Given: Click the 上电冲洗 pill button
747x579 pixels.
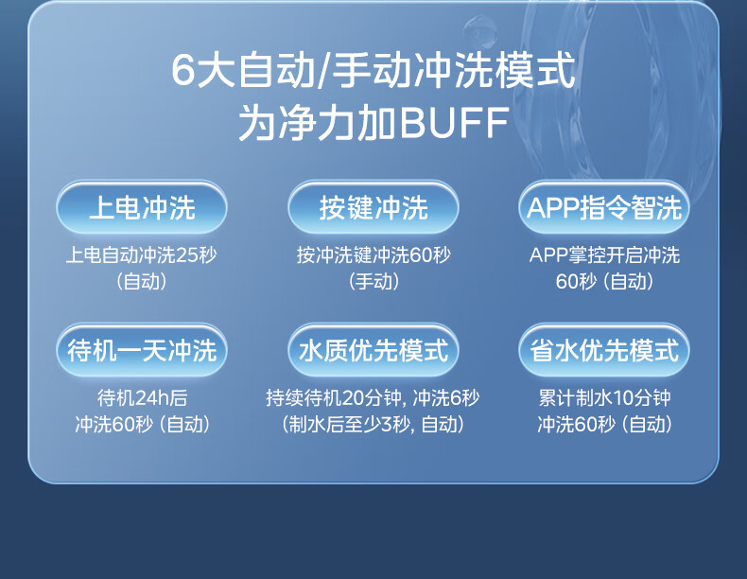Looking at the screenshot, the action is [x=142, y=207].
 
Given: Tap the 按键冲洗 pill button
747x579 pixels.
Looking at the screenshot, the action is [x=373, y=207].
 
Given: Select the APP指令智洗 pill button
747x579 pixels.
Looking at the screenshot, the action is [x=604, y=207].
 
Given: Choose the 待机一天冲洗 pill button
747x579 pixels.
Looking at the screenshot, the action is [x=142, y=350].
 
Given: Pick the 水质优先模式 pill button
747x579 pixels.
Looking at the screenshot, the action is [x=373, y=350].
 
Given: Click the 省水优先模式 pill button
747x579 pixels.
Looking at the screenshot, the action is [x=604, y=350].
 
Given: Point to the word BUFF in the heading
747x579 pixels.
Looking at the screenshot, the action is [x=454, y=122].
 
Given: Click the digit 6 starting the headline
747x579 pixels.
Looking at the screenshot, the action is [x=182, y=71].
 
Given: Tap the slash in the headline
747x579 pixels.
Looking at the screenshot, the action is [x=323, y=72].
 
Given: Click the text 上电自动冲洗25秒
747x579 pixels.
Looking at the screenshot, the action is [x=142, y=254].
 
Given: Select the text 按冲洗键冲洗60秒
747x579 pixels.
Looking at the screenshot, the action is [x=373, y=254].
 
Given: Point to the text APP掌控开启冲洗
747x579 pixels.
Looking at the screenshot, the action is [x=604, y=254].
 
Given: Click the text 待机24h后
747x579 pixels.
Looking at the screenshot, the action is [x=142, y=397].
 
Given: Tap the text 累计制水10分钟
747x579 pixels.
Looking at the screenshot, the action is [x=604, y=397].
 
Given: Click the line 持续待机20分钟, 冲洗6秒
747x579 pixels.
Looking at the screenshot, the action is [x=373, y=397].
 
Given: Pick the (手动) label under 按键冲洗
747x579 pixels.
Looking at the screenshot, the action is [x=373, y=281].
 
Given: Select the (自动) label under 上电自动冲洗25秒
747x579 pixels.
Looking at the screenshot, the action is [x=142, y=281].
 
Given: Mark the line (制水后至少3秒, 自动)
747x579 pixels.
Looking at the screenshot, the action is [x=373, y=424].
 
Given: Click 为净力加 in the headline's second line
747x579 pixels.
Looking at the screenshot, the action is [x=317, y=122].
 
